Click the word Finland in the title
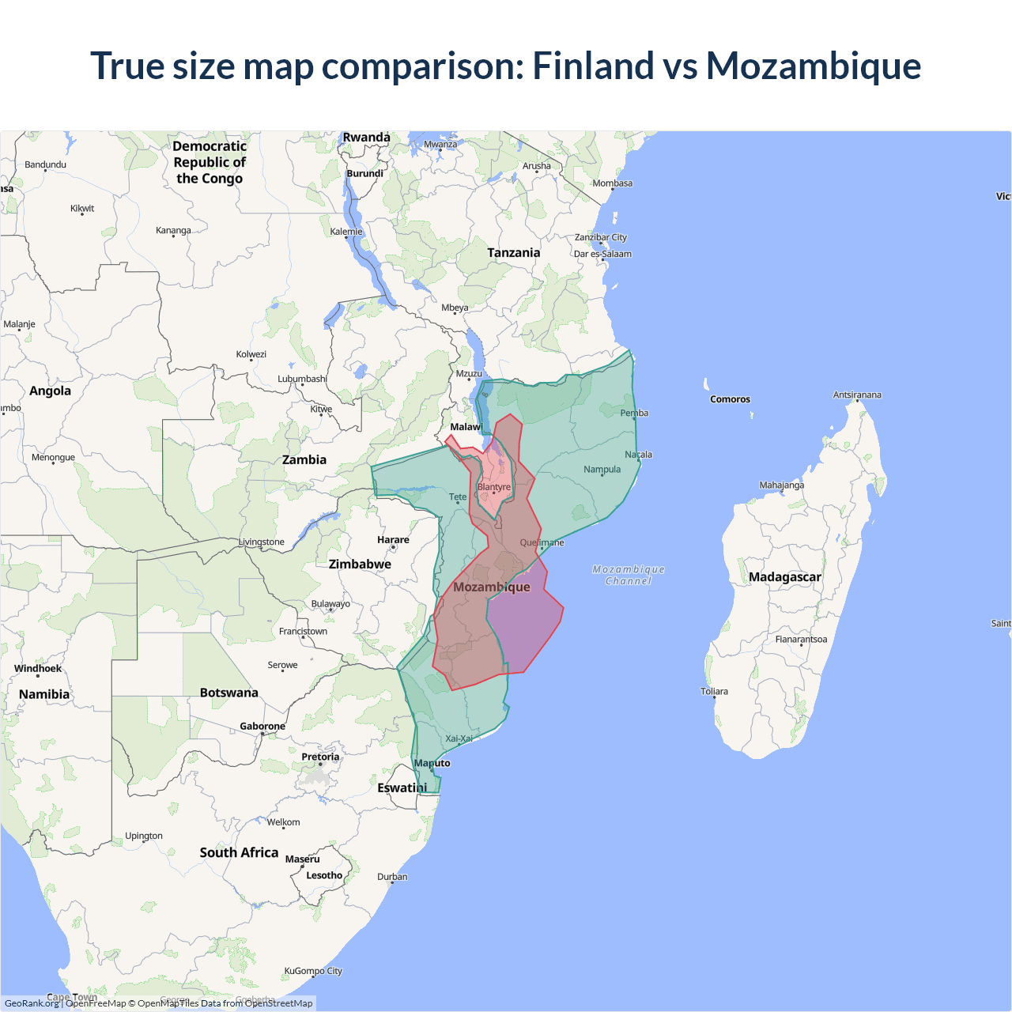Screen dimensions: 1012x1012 tap(593, 66)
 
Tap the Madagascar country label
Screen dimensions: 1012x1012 tap(784, 577)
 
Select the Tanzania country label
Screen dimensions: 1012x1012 tap(513, 253)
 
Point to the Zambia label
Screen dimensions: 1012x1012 tap(304, 460)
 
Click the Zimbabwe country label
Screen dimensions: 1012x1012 tap(360, 565)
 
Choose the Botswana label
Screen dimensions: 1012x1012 tap(228, 693)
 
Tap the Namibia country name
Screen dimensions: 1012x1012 tap(44, 694)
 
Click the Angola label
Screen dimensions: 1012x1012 tap(50, 391)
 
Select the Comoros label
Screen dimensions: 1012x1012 tap(730, 399)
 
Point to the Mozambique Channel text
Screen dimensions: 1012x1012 tap(629, 575)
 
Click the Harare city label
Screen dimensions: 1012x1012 tap(393, 540)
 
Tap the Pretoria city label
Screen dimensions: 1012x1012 tap(320, 757)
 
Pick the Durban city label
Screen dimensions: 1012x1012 tap(392, 877)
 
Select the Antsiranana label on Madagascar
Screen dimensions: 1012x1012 tap(857, 395)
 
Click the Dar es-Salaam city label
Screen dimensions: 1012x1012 tap(602, 254)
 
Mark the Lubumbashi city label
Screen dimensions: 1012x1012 tap(302, 379)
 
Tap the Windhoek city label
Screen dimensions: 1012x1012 tap(38, 668)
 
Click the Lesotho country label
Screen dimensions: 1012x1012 tap(324, 875)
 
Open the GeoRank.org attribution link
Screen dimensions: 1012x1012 tap(32, 1003)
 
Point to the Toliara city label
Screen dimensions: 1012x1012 tap(714, 691)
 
